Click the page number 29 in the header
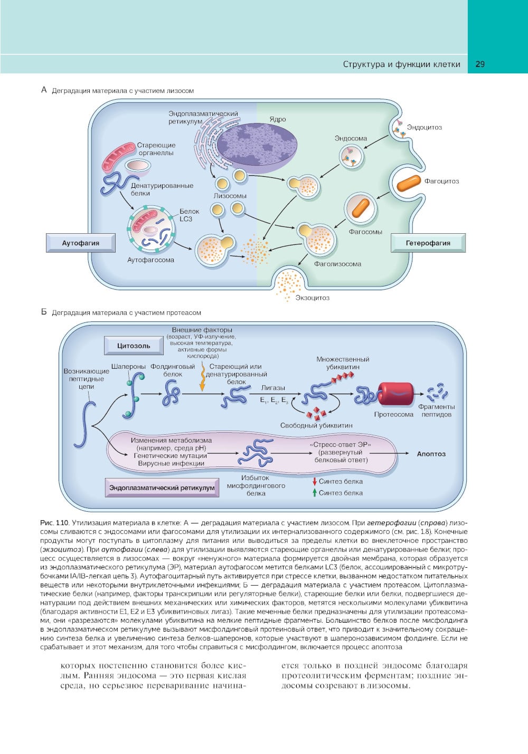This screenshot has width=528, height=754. click(480, 64)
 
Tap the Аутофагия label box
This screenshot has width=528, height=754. click(80, 243)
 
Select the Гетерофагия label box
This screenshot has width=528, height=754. click(428, 243)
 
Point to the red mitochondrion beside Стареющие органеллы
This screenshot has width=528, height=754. click(119, 156)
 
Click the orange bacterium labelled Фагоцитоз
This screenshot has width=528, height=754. click(408, 183)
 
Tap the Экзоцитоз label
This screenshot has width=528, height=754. click(312, 298)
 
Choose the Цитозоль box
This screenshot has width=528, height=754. click(134, 346)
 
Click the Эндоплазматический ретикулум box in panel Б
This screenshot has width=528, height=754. click(162, 488)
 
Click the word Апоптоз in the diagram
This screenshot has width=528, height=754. click(431, 454)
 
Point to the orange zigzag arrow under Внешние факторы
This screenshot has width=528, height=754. click(202, 379)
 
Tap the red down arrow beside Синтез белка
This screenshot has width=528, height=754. click(314, 481)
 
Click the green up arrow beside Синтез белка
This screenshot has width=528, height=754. click(314, 493)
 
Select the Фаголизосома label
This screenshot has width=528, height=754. click(337, 264)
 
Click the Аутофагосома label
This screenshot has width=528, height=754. click(150, 260)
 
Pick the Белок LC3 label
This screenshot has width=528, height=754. click(189, 215)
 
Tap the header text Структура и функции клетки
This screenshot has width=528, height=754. click(401, 64)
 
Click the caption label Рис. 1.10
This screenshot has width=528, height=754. click(54, 523)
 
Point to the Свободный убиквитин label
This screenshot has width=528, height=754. click(316, 425)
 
